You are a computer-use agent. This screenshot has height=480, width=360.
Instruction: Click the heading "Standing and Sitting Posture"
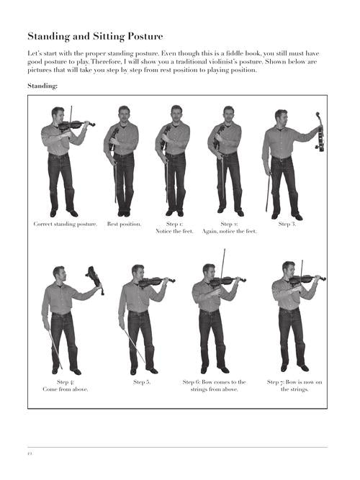click(x=95, y=37)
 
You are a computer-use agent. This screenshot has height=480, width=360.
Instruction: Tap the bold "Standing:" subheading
click(x=42, y=86)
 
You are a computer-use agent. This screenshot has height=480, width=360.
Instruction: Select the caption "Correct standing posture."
click(x=66, y=224)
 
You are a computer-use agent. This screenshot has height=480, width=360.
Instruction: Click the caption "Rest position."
click(x=124, y=224)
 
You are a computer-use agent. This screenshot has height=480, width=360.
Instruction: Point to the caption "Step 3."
click(x=287, y=224)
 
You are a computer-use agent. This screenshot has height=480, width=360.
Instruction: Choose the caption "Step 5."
click(x=142, y=382)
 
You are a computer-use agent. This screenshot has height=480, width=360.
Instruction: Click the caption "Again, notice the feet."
click(x=229, y=232)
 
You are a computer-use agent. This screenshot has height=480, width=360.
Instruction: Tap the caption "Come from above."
click(x=66, y=389)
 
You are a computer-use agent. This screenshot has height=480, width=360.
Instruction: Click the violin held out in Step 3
click(x=320, y=132)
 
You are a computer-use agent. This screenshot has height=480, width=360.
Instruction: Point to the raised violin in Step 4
click(x=95, y=279)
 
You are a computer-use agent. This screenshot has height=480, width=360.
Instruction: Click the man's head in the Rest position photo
click(x=124, y=114)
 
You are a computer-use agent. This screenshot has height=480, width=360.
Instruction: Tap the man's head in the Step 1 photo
click(x=176, y=114)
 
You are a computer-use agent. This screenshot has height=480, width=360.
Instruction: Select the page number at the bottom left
click(x=30, y=453)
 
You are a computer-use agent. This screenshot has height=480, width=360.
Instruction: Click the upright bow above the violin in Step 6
click(x=222, y=263)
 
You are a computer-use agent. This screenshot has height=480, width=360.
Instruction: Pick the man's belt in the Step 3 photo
click(x=282, y=158)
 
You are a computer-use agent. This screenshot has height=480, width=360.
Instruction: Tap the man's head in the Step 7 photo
click(x=288, y=269)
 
